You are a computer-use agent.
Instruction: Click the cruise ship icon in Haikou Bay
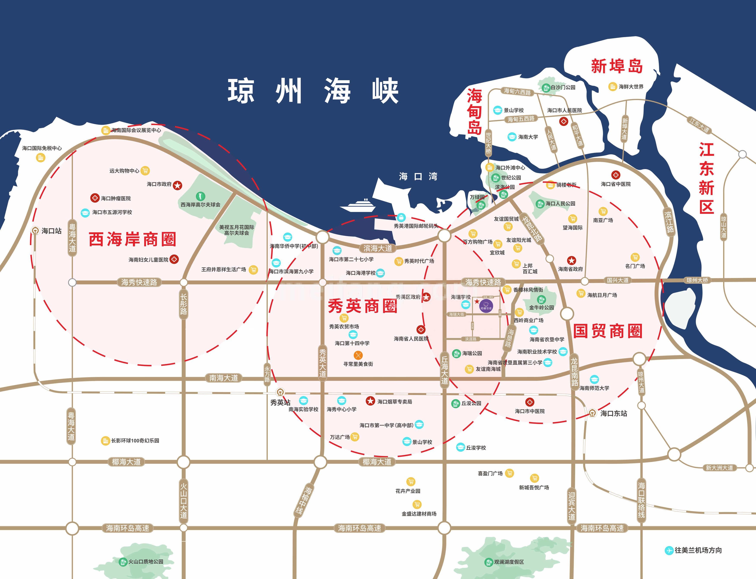(358, 205)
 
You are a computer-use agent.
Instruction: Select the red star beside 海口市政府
(177, 185)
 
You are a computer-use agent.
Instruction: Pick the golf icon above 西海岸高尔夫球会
(201, 196)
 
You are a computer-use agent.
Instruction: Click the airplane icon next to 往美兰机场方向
(669, 550)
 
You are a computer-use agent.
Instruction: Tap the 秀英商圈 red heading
(362, 306)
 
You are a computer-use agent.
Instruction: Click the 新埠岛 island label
(617, 66)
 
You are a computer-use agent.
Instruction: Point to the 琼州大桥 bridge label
(697, 280)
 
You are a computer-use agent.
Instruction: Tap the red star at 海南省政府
(572, 260)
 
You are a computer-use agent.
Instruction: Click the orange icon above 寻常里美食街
(358, 355)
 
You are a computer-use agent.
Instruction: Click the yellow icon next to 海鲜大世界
(613, 87)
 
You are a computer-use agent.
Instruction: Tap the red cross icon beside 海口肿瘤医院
(95, 198)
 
